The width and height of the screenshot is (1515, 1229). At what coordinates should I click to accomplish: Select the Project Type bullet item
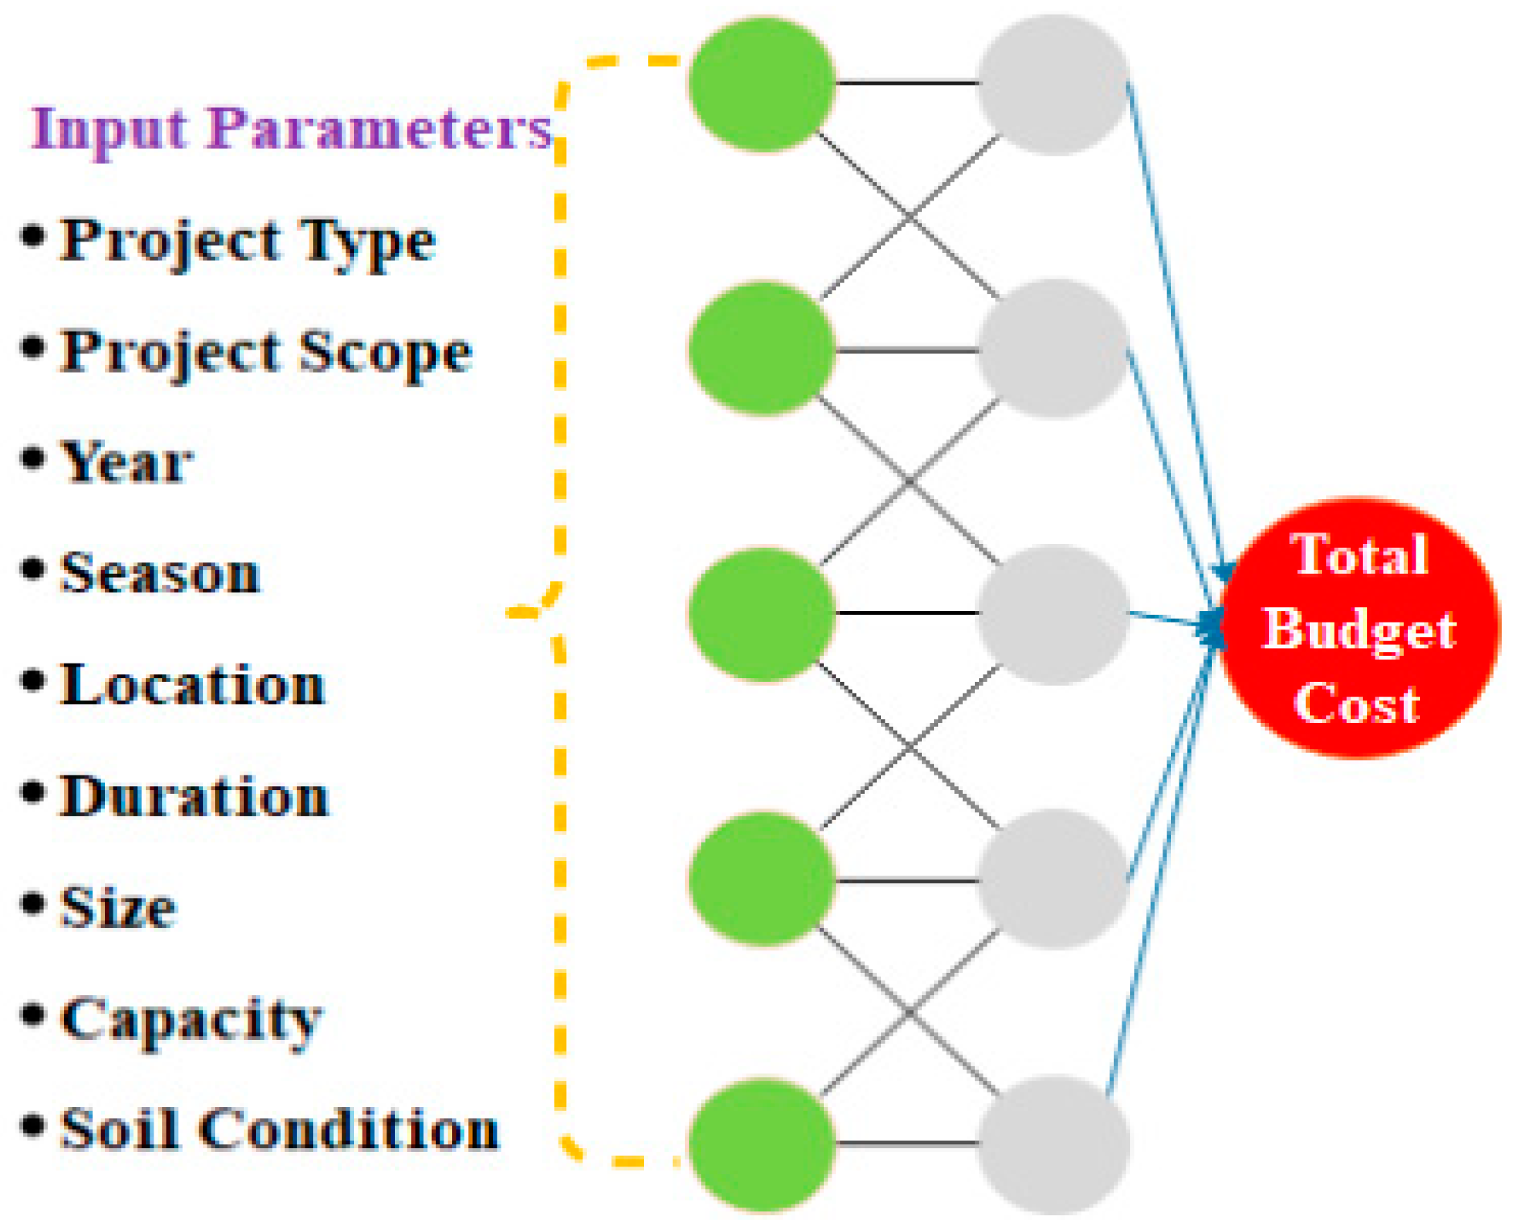247,241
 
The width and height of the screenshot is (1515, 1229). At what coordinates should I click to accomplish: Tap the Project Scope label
265,352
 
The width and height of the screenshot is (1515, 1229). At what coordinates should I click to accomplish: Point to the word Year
126,463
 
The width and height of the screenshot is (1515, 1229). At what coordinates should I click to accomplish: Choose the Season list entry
160,574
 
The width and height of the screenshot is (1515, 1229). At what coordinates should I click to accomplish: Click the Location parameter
192,685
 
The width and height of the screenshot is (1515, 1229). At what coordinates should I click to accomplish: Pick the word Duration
194,796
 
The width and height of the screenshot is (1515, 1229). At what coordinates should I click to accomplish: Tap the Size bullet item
118,907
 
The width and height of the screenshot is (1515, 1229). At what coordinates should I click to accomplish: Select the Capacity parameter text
191,1019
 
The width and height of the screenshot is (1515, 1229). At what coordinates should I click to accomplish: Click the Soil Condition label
279,1129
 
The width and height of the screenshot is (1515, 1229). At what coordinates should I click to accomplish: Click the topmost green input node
762,83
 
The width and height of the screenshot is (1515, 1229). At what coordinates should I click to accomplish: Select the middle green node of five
762,614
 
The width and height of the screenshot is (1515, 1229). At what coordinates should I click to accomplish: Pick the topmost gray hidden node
1054,83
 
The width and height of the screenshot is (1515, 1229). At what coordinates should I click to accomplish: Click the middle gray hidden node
1054,614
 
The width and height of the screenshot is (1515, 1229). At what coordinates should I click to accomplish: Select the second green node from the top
762,349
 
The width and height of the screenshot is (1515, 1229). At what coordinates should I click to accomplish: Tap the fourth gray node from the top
1054,880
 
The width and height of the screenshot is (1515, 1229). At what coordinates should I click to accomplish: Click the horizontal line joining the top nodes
907,82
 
